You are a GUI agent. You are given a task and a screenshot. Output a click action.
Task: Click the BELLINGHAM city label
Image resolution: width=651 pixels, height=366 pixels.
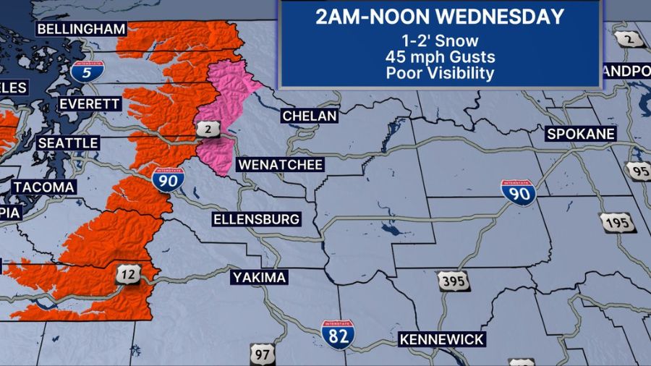[x=81, y=29]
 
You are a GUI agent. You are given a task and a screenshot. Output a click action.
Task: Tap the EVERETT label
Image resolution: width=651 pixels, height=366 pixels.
[x=89, y=104]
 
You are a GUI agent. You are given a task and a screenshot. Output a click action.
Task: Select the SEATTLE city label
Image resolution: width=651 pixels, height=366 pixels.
[x=67, y=143]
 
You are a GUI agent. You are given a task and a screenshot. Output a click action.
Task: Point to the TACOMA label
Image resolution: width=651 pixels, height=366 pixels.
[x=43, y=187]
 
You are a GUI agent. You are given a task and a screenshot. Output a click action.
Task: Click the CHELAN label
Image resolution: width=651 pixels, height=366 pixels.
[x=310, y=116]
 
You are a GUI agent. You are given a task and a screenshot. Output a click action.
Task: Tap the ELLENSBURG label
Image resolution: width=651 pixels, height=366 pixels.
[x=256, y=219]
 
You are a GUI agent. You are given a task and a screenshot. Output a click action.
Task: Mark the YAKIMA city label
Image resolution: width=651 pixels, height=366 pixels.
[x=260, y=277]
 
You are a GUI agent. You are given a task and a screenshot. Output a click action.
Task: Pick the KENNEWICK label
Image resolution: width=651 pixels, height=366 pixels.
[x=441, y=339]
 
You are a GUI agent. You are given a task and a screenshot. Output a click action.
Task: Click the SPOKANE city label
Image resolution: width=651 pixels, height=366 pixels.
[x=581, y=134]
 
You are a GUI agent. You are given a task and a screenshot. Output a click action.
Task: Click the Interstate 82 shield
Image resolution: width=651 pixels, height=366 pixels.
[x=338, y=333]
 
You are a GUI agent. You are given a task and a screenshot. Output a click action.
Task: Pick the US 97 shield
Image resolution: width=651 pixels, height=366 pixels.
[x=261, y=354]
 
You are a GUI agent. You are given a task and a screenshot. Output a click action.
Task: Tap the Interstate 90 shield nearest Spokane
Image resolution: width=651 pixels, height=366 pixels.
[x=519, y=192]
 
